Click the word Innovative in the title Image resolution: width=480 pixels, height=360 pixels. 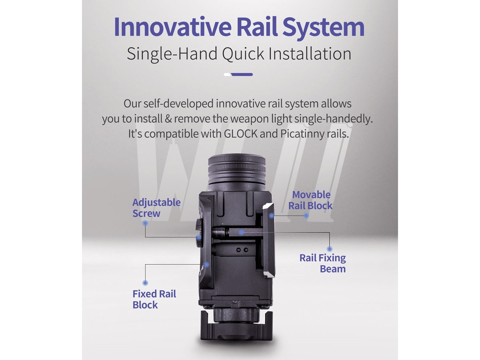click(172, 27)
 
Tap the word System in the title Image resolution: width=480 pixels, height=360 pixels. click(323, 28)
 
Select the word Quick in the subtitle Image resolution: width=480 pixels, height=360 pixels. click(243, 54)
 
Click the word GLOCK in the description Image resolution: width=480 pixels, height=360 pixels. click(240, 134)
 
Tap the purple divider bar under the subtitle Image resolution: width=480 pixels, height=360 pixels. click(242, 74)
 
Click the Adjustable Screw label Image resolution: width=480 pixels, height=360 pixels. click(156, 208)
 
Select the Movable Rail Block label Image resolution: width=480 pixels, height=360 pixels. click(310, 200)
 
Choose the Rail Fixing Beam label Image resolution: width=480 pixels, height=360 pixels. click(322, 263)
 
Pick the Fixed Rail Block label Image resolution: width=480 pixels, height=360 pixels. click(154, 299)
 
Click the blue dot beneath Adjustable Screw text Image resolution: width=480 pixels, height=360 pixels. click(145, 223)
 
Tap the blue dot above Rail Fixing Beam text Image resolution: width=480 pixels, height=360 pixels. click(329, 249)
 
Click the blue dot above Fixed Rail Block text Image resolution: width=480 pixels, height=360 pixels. click(145, 283)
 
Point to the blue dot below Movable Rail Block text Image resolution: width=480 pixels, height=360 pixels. click(306, 216)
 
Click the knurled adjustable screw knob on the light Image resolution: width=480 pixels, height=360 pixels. click(198, 233)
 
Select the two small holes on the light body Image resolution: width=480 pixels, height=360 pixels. click(242, 250)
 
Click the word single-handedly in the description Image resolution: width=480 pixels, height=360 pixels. click(334, 119)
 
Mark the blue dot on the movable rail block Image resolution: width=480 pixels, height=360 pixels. click(272, 216)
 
